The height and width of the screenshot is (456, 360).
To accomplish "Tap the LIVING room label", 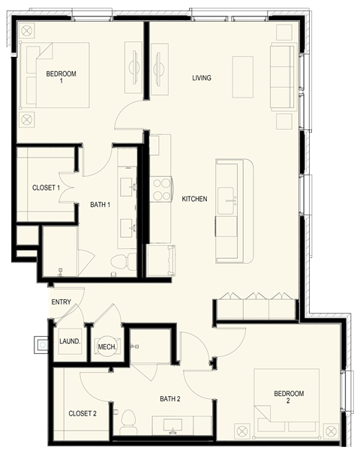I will [201, 78].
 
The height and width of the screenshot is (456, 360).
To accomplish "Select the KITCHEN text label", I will [194, 199].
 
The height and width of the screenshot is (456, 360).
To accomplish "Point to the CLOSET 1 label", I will [46, 187].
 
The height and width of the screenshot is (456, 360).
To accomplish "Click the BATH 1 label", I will [100, 204].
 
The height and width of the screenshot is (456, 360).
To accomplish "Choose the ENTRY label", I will [61, 302].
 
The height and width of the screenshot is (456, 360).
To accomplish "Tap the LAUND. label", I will [70, 341].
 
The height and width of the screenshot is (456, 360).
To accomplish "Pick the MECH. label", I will [106, 346].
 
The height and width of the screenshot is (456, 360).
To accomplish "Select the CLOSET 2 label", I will [82, 413].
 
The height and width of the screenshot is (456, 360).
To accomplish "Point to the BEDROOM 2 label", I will [289, 397].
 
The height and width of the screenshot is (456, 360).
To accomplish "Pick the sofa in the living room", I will [283, 77].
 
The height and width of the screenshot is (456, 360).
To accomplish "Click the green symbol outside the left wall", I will [43, 344].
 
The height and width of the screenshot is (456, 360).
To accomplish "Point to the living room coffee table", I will [243, 76].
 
